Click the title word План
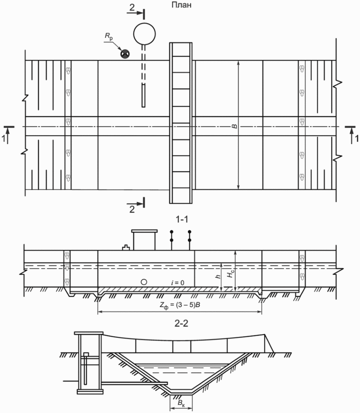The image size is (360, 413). (181, 5)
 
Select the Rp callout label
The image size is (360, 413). (108, 36)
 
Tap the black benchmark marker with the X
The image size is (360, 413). (125, 54)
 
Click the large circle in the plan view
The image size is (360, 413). (144, 34)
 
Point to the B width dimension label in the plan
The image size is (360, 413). (234, 127)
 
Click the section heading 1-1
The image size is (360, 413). (181, 219)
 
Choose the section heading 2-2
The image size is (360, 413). (181, 323)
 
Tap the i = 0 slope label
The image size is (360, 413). (178, 283)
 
